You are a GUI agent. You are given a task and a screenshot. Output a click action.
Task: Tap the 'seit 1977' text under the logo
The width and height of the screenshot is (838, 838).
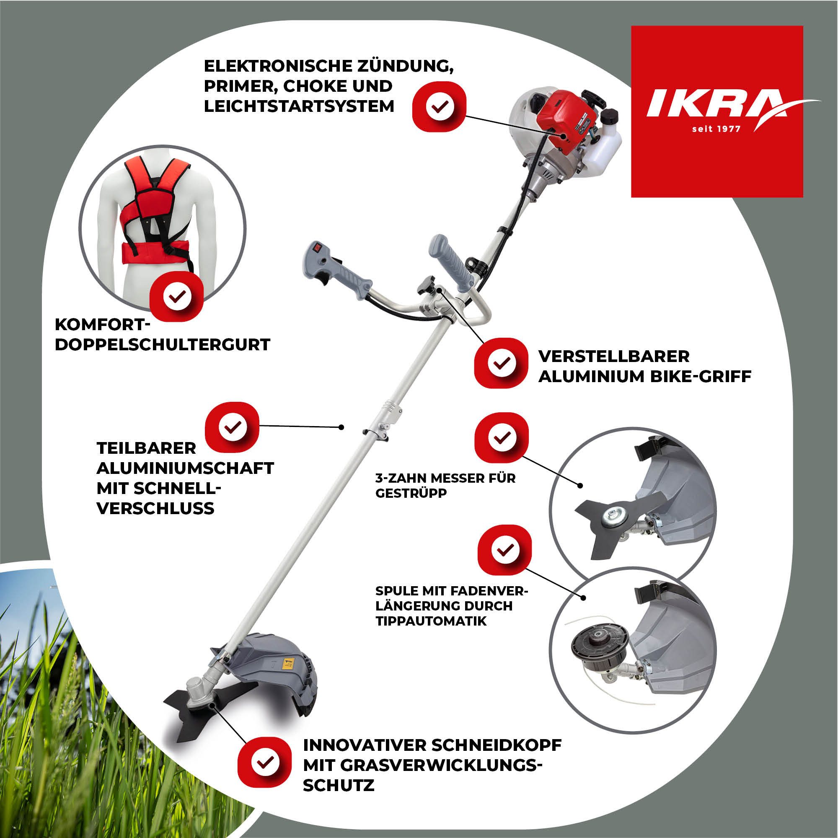pyautogui.click(x=716, y=129)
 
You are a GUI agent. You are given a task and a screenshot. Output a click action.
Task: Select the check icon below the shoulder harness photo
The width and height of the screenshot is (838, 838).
pyautogui.click(x=176, y=297)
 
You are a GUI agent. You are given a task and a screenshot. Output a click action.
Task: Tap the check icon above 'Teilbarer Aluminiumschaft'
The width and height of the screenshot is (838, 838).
pyautogui.click(x=232, y=427)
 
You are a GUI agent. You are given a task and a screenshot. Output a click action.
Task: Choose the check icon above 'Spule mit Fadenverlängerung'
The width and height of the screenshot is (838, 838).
pyautogui.click(x=504, y=551)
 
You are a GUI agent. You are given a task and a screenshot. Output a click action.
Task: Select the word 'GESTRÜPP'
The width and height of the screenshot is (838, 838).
pyautogui.click(x=411, y=493)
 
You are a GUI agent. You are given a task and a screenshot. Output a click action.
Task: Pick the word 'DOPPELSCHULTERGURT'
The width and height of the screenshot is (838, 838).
pyautogui.click(x=163, y=344)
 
